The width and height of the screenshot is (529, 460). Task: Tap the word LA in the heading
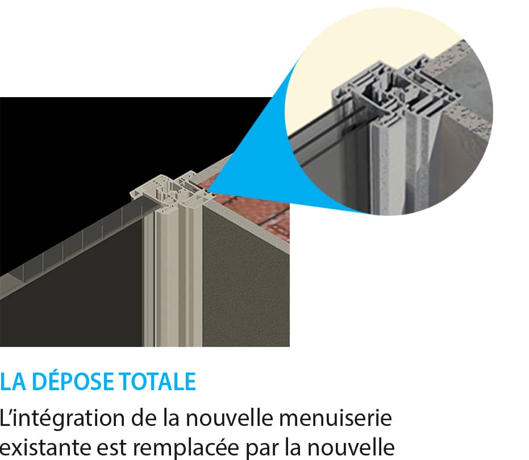[x=13, y=382]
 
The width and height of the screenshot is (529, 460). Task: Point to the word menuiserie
[x=335, y=418]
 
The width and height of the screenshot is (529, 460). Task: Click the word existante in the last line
[x=45, y=448]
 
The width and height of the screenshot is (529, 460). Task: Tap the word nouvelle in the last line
[x=351, y=447]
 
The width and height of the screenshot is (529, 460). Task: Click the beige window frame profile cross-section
[x=172, y=191]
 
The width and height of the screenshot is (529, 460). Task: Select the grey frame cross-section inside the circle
[x=395, y=91]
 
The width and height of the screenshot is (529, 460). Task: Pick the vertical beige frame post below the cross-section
[x=173, y=277]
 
